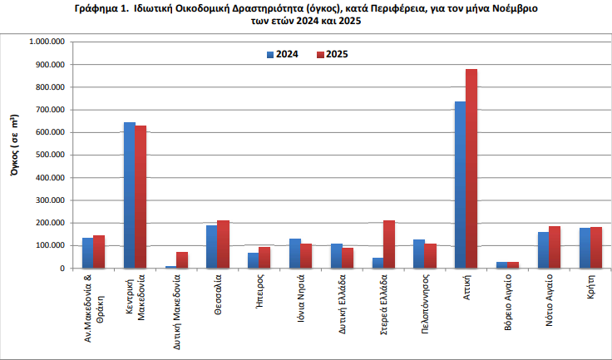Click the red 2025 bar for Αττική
click(471, 169)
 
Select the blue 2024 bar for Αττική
click(461, 185)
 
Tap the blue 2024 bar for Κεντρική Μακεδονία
click(130, 195)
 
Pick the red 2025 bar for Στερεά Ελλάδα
click(389, 244)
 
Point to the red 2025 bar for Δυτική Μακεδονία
click(182, 260)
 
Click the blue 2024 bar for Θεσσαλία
click(212, 247)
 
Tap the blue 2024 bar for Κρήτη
click(585, 248)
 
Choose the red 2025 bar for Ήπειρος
click(264, 258)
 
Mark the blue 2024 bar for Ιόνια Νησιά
click(295, 254)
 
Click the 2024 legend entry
click(283, 54)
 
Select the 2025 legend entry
click(332, 54)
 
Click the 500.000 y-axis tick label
click(50, 155)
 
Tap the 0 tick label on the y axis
click(62, 269)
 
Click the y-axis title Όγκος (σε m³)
click(14, 145)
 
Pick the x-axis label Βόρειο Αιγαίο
click(508, 303)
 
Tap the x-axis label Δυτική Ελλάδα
click(343, 304)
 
